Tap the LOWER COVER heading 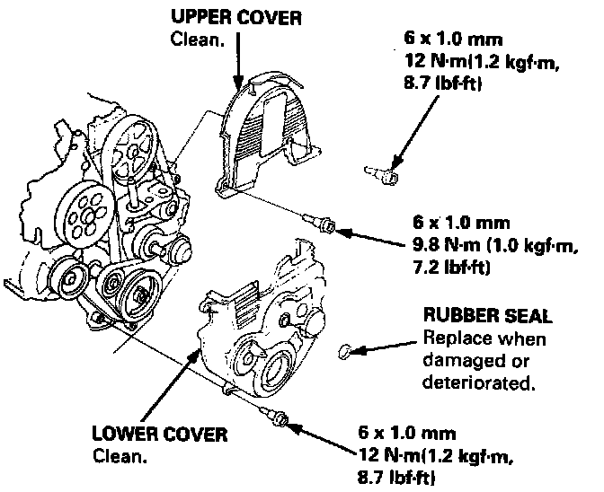click(x=160, y=435)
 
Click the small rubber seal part click(x=347, y=351)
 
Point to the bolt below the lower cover click(x=278, y=415)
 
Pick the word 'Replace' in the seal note click(x=453, y=340)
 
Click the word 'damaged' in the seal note click(x=457, y=362)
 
